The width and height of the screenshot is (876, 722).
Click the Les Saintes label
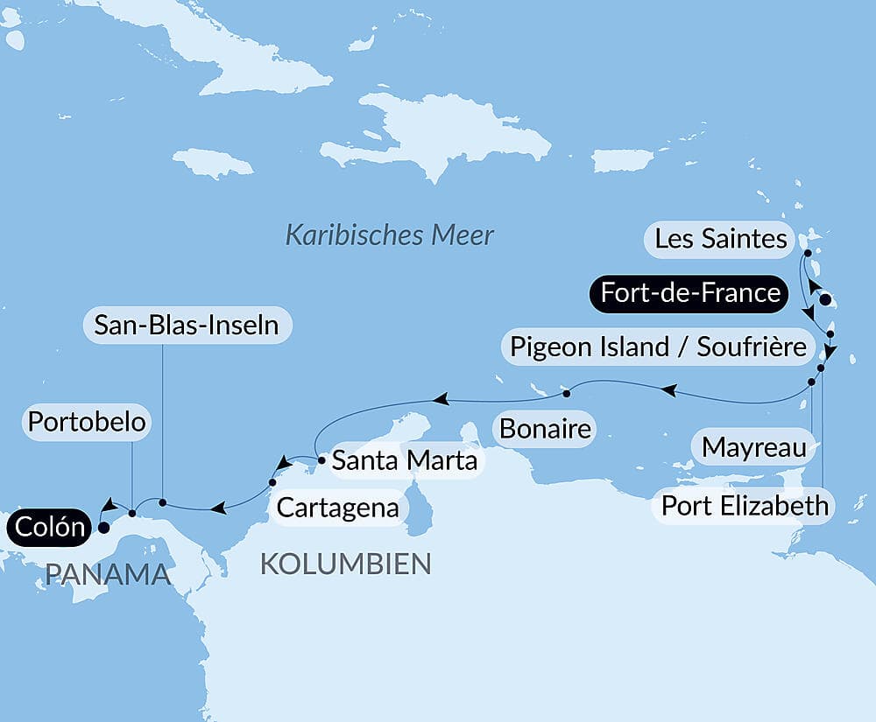[x=721, y=239]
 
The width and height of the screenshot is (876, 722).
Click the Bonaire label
[x=544, y=430]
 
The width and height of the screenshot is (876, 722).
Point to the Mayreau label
[x=754, y=449]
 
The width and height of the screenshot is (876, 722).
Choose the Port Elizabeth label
[x=745, y=505]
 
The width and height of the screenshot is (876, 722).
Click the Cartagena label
[x=338, y=507]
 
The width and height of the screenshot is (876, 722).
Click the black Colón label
[x=50, y=528]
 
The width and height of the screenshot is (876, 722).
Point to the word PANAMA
[x=107, y=574]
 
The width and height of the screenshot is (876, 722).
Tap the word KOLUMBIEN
[x=345, y=564]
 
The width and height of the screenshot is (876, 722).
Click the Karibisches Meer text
[x=390, y=235]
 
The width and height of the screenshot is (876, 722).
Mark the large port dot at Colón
[x=103, y=528]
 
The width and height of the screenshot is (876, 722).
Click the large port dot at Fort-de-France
[x=825, y=300]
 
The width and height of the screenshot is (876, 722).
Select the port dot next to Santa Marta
[x=322, y=458]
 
